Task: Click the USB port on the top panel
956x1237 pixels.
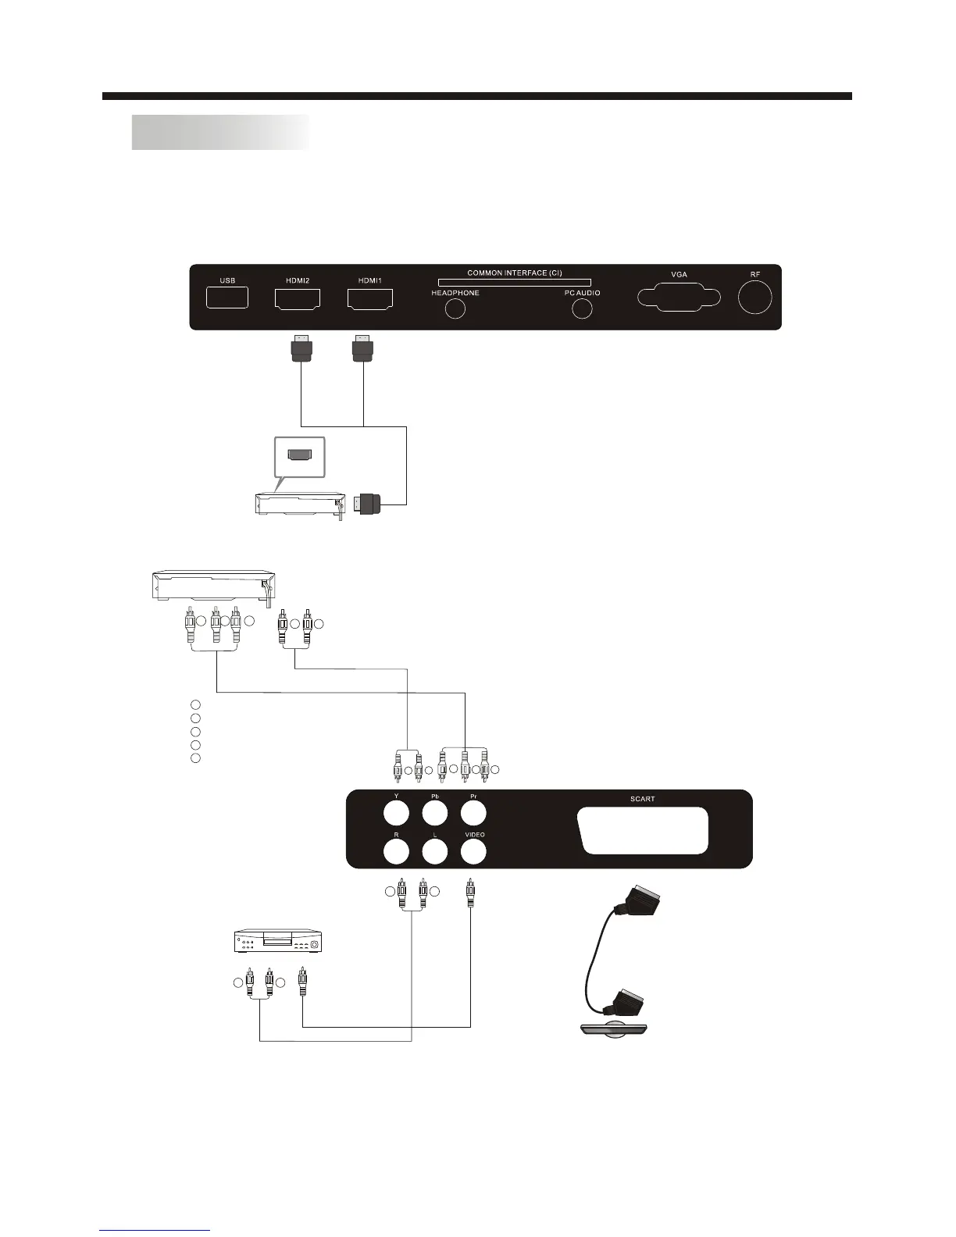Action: click(x=227, y=298)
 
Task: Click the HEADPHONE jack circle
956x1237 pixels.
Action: click(x=455, y=308)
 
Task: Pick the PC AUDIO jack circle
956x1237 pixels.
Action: click(x=582, y=308)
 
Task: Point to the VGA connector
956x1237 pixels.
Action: click(x=678, y=299)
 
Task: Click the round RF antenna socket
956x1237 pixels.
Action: click(x=754, y=298)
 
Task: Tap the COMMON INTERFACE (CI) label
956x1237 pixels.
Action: click(x=514, y=273)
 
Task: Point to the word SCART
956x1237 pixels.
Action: click(x=642, y=799)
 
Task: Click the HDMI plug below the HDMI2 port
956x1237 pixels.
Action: click(x=301, y=348)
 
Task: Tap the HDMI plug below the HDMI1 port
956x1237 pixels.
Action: click(x=362, y=348)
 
